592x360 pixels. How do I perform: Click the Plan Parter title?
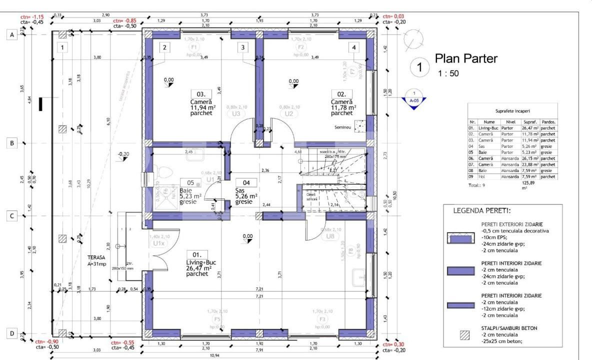pos(466,58)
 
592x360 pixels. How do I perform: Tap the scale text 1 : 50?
pos(448,73)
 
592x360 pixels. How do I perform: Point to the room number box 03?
pos(201,93)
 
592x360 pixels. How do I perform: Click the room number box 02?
pos(341,93)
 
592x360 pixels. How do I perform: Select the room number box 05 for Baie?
pos(190,183)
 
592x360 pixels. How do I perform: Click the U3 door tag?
pos(236,113)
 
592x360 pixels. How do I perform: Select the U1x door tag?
pos(159,243)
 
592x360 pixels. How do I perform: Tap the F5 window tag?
pos(217,318)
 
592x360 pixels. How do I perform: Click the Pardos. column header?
pos(548,121)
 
